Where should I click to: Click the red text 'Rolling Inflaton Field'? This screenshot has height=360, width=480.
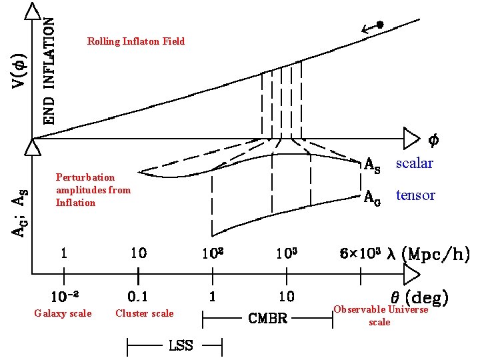[136, 41]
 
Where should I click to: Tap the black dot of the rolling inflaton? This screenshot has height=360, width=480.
[380, 25]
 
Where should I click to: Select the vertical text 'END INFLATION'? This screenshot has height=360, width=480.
[49, 71]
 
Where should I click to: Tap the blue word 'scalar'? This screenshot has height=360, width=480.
[414, 163]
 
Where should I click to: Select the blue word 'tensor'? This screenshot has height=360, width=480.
[415, 195]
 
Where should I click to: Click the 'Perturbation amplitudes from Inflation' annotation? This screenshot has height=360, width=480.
[93, 190]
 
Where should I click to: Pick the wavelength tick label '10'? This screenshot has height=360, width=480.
[138, 253]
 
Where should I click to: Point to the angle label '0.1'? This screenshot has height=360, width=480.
[138, 296]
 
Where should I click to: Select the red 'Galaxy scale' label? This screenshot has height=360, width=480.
[63, 313]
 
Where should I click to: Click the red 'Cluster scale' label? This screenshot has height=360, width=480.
[144, 313]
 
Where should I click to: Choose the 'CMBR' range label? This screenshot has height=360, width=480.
[267, 319]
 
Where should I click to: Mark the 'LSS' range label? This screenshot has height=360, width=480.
[180, 345]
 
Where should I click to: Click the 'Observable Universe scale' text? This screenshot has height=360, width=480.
[380, 315]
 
